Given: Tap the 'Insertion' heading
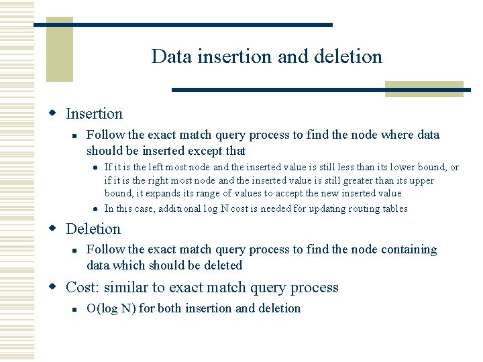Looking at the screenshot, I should tap(94, 114).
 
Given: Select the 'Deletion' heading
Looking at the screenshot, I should tap(93, 229).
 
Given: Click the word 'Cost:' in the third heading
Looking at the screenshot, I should tap(81, 288).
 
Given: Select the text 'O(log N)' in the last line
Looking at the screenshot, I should tap(111, 308).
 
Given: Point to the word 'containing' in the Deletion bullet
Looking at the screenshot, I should tap(409, 249).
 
